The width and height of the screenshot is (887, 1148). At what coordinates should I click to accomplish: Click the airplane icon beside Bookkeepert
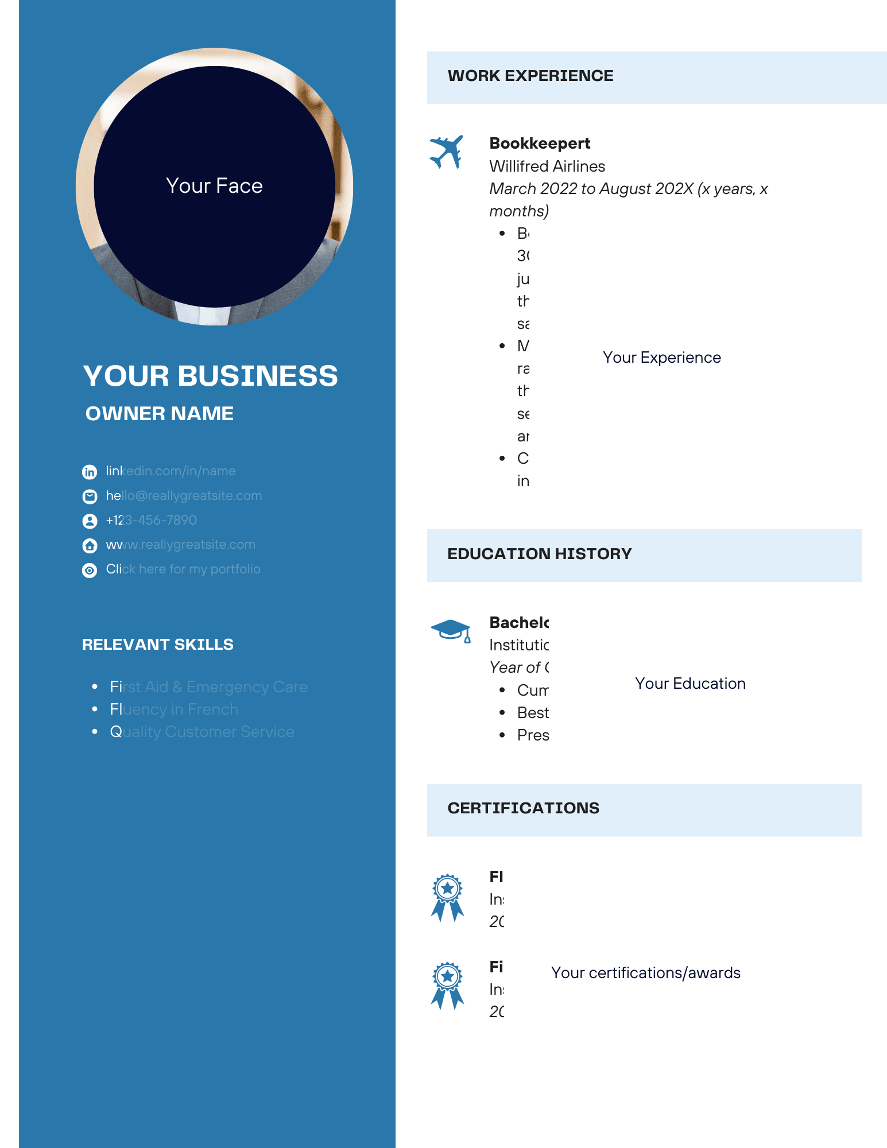(446, 152)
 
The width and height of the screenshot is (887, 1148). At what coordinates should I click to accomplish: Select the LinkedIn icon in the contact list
(90, 472)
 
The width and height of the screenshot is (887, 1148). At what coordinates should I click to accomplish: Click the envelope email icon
(90, 496)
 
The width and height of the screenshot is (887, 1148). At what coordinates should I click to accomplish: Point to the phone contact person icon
(90, 521)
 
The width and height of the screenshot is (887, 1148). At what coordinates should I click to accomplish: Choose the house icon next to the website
(90, 545)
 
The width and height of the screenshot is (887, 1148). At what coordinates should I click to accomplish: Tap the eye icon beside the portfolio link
(90, 570)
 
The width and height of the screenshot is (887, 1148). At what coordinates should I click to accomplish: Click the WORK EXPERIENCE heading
(530, 76)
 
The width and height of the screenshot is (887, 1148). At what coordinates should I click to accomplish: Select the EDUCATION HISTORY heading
(539, 554)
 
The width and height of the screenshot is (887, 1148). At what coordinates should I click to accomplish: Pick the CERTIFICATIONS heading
(523, 808)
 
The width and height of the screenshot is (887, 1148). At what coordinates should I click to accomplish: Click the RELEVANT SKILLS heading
(157, 645)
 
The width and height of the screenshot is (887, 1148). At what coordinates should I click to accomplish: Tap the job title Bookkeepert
(540, 143)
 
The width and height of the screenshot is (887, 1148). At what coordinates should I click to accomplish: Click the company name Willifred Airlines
(547, 166)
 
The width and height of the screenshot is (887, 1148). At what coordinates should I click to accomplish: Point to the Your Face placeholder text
(214, 186)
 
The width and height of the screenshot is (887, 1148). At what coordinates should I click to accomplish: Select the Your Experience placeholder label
(661, 358)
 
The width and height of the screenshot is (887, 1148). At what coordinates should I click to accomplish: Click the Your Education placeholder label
(690, 684)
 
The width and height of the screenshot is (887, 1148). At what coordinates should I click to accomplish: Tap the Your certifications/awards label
(645, 973)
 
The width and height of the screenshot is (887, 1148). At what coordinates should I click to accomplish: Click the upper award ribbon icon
(447, 897)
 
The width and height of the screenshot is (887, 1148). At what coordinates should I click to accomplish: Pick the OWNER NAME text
(159, 414)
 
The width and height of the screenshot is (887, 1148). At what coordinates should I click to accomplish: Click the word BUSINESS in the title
(257, 377)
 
